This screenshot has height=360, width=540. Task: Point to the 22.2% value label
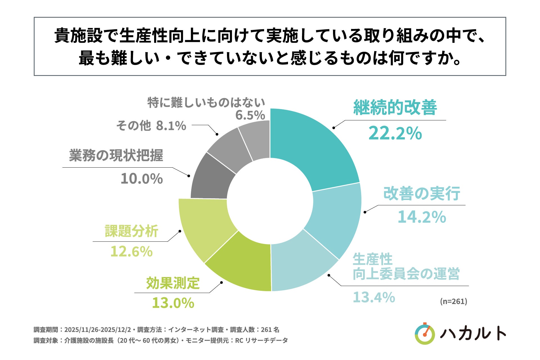pyautogui.click(x=395, y=133)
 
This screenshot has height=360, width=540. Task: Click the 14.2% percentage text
pyautogui.click(x=422, y=217)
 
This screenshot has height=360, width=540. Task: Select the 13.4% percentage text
pyautogui.click(x=374, y=297)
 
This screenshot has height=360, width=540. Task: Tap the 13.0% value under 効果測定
pyautogui.click(x=173, y=303)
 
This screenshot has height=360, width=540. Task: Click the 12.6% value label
pyautogui.click(x=131, y=251)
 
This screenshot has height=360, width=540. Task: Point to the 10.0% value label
pyautogui.click(x=142, y=179)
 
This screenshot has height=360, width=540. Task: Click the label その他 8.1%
pyautogui.click(x=151, y=126)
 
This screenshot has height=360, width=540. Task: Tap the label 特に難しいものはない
pyautogui.click(x=206, y=103)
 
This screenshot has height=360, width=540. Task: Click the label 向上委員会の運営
pyautogui.click(x=406, y=274)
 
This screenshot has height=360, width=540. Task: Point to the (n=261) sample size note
pyautogui.click(x=453, y=301)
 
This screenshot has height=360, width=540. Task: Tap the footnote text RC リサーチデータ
pyautogui.click(x=261, y=341)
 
